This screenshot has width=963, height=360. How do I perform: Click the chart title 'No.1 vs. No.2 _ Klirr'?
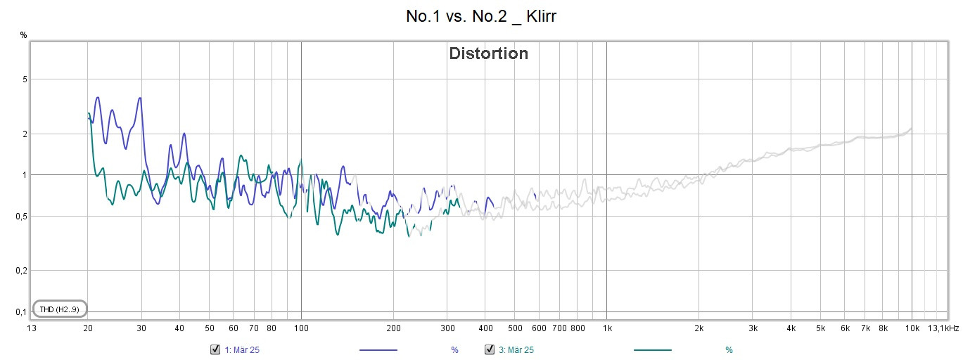[481, 16]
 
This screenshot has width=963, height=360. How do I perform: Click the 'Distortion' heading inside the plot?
[488, 53]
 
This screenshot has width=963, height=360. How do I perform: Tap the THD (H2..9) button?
[59, 309]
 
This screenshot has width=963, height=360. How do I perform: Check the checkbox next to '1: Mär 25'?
[215, 349]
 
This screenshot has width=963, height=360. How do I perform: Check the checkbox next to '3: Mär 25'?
[490, 349]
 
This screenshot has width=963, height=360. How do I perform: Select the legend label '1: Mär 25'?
[242, 349]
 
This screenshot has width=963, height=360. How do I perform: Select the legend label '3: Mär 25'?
[516, 349]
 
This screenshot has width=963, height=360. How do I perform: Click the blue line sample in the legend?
[378, 349]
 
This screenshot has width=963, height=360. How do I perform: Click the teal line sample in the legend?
[653, 349]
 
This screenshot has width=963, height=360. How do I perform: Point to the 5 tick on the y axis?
[24, 79]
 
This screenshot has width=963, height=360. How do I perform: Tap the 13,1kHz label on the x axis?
[943, 328]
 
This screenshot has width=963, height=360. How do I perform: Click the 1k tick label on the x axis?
[607, 328]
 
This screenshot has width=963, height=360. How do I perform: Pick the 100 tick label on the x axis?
[301, 328]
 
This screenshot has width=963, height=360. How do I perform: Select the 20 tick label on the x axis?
[87, 328]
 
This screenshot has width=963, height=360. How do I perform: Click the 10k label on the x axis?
[912, 328]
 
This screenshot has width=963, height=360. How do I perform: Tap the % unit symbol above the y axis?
[23, 34]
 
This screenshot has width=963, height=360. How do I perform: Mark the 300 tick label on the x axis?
[447, 328]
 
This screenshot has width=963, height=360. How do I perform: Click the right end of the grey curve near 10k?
[911, 129]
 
